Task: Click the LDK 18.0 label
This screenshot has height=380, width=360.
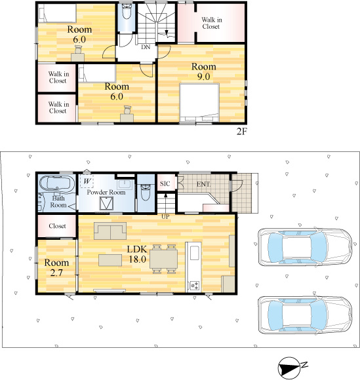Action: [x=137, y=254]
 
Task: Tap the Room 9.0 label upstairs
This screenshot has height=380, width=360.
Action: [x=203, y=71]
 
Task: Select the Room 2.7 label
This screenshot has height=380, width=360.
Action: [x=56, y=267]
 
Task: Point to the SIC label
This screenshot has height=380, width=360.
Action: [x=165, y=183]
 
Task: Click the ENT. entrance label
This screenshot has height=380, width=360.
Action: [x=203, y=184]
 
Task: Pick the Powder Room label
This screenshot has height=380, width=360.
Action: [x=106, y=192]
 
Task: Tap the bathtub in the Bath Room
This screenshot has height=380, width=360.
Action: [x=57, y=183]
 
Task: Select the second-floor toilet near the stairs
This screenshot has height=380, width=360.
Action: [x=126, y=11]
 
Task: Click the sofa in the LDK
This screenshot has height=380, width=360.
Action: [x=110, y=231]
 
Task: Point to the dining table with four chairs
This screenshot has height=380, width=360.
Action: [x=164, y=259]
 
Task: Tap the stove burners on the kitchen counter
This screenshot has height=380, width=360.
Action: [x=195, y=285]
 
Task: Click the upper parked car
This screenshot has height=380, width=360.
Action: [x=304, y=247]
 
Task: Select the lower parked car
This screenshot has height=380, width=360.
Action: [x=304, y=315]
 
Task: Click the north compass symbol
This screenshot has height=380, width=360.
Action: [x=290, y=368]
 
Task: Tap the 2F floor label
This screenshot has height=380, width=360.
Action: [x=241, y=131]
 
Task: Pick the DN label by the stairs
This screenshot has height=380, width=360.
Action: [x=146, y=47]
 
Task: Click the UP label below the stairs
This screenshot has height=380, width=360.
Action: [x=165, y=217]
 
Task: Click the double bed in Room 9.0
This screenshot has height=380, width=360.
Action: [x=199, y=103]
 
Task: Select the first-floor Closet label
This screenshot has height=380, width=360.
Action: [x=57, y=226]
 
